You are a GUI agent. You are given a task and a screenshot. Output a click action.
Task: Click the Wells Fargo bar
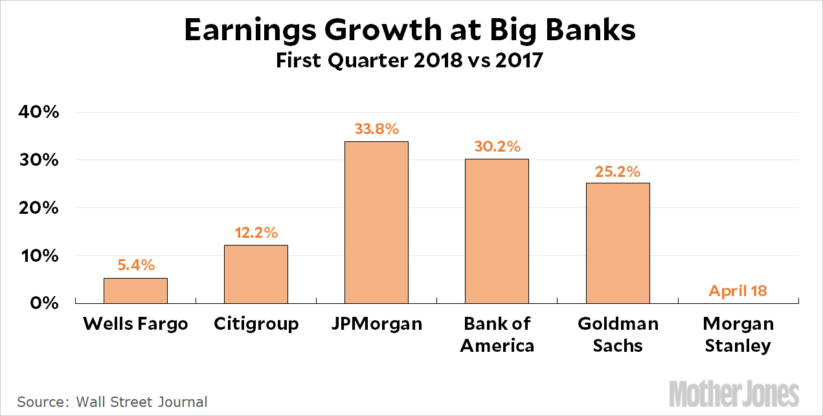tap(135, 290)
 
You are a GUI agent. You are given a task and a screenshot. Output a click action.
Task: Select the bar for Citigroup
tap(256, 274)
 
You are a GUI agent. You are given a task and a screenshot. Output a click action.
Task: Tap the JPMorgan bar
tap(376, 222)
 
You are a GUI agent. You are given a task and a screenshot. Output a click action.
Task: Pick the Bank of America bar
tap(497, 231)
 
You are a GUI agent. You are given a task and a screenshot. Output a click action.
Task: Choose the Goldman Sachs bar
tap(618, 243)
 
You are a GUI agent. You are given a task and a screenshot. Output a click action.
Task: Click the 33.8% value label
tap(376, 128)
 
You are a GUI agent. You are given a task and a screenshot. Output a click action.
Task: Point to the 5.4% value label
tap(135, 264)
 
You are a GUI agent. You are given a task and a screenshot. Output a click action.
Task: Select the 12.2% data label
tap(256, 232)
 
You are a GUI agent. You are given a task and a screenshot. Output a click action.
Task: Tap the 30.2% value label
tap(497, 146)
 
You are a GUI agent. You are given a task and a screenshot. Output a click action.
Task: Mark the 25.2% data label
tap(618, 171)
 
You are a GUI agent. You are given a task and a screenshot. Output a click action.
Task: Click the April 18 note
tap(738, 290)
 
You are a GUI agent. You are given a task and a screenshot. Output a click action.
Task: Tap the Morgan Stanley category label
tap(738, 334)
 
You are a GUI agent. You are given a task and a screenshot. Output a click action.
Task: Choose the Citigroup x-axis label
tap(256, 323)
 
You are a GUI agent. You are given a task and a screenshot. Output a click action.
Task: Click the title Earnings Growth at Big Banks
tap(411, 30)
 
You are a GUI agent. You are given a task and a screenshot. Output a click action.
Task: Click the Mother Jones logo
tap(734, 394)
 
